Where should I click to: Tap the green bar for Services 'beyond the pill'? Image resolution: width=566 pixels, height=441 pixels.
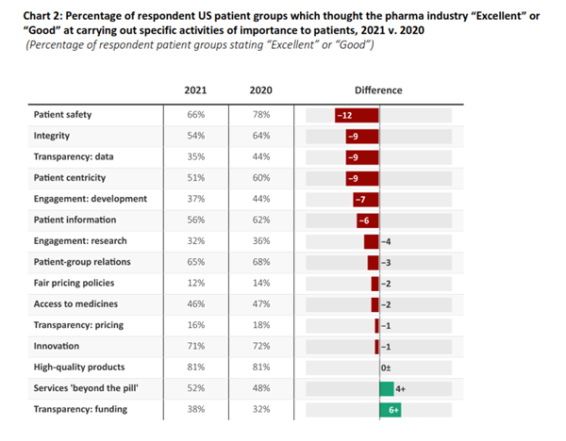point(387,388)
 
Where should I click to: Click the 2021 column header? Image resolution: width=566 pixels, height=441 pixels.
point(195,90)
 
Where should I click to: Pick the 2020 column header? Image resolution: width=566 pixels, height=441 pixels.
point(260,90)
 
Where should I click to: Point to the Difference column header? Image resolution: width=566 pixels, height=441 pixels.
point(378,90)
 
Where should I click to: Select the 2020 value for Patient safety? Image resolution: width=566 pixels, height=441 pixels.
point(260,115)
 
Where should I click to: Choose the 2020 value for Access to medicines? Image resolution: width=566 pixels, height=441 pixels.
point(260,303)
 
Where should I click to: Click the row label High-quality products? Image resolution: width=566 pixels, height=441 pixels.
point(79,367)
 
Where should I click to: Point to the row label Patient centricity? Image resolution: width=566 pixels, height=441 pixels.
point(69,177)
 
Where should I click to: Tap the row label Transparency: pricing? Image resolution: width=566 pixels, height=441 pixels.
point(79,324)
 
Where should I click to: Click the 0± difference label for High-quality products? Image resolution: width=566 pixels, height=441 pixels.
point(386,367)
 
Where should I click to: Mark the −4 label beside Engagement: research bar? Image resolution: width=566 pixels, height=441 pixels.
point(387,240)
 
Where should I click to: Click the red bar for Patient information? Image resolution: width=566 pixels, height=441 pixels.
point(368,220)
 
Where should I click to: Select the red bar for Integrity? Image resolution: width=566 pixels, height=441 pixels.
point(362,136)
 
